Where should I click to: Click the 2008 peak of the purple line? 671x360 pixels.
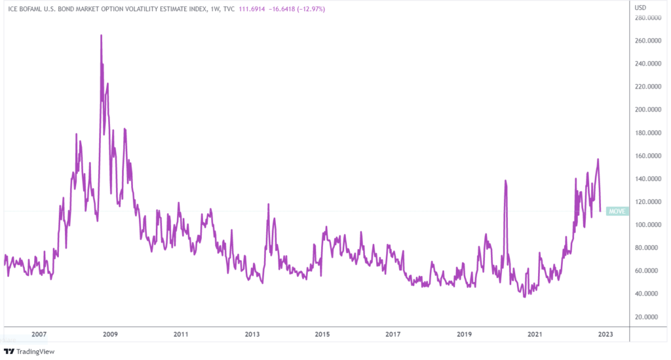101,35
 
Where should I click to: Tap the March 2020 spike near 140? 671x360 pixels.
505,180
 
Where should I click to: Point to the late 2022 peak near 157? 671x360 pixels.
598,159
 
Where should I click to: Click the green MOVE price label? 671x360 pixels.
617,211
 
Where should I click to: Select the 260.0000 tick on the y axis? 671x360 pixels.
646,41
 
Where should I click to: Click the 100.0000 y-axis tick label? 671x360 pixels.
646,225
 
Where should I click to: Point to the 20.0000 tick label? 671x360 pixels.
647,317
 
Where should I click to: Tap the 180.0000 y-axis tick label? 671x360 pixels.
646,133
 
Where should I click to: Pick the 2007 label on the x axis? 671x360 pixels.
39,334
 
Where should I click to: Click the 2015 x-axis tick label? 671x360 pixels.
322,334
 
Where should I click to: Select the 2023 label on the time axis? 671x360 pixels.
605,334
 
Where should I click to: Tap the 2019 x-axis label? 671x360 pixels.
464,334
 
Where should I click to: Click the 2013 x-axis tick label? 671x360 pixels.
252,334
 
